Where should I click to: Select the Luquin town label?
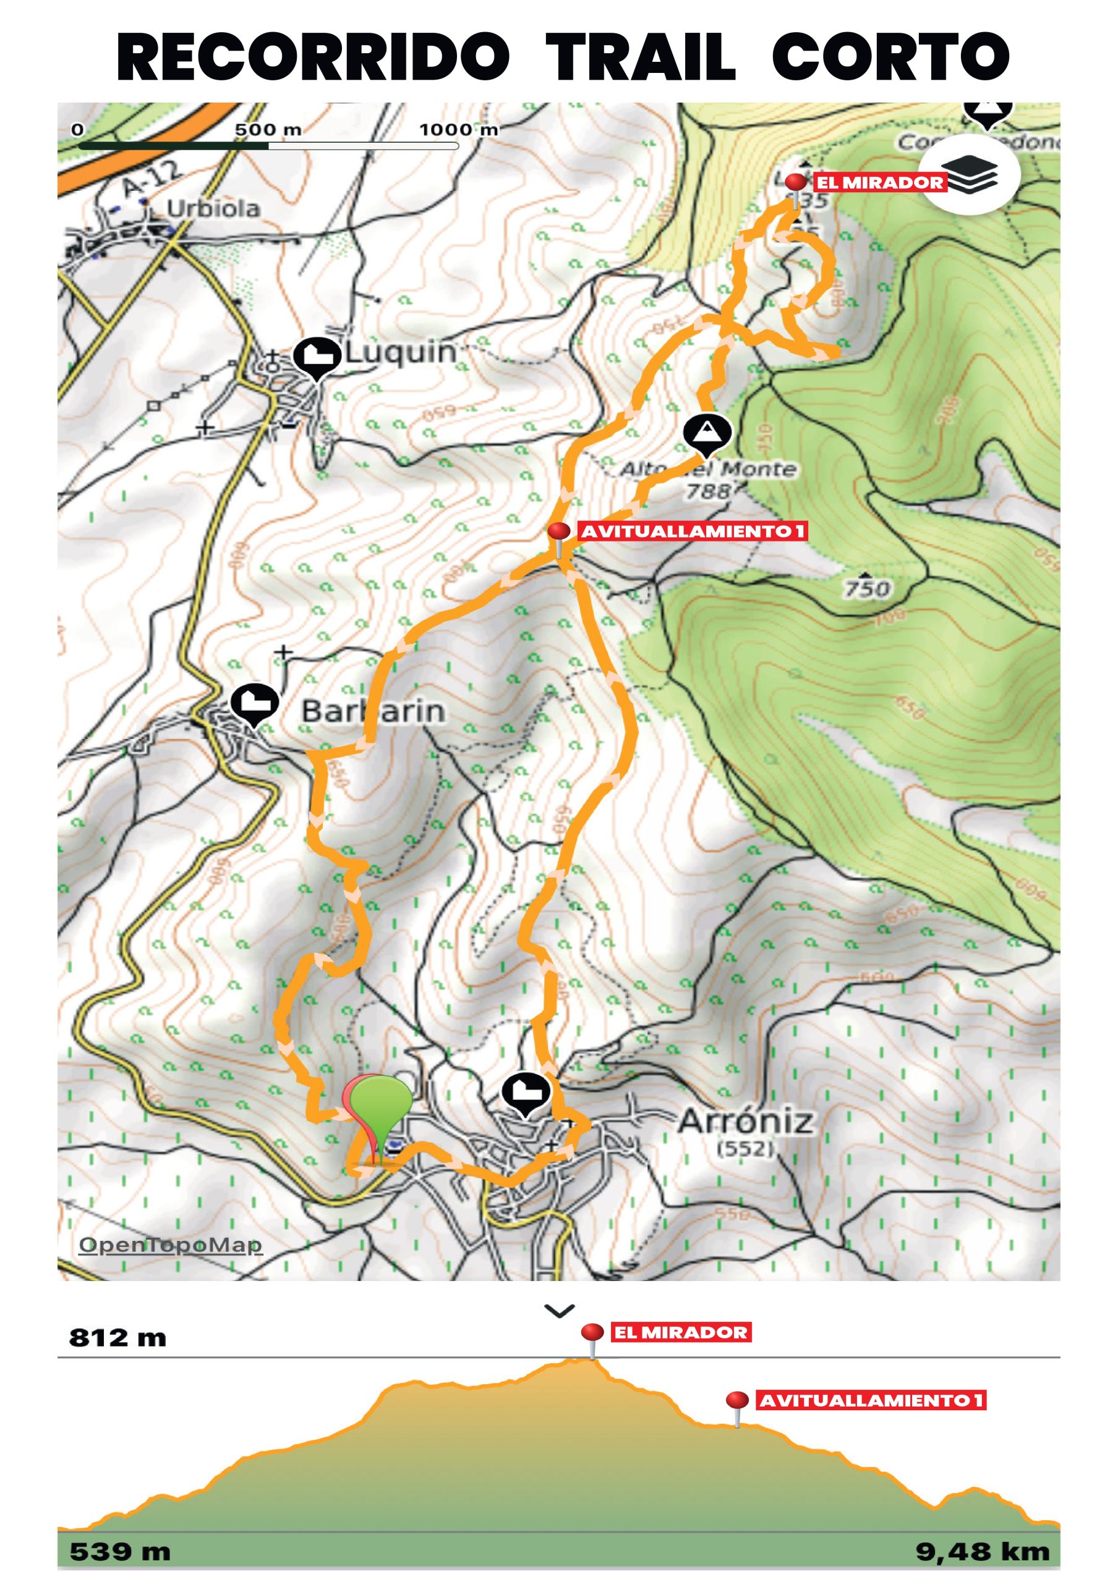pyautogui.click(x=401, y=353)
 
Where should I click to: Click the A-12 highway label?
pyautogui.click(x=150, y=180)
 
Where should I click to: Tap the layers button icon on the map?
pyautogui.click(x=970, y=174)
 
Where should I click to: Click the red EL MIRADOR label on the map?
pyautogui.click(x=879, y=182)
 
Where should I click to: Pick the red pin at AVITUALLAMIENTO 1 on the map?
pyautogui.click(x=558, y=532)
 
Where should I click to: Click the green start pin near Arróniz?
pyautogui.click(x=381, y=1101)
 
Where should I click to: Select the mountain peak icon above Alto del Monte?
pyautogui.click(x=707, y=433)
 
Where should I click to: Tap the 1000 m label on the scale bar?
pyautogui.click(x=458, y=130)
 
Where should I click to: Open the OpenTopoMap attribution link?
pyautogui.click(x=170, y=1245)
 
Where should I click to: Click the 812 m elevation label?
pyautogui.click(x=118, y=1338)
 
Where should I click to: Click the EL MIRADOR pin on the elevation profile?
pyautogui.click(x=592, y=1332)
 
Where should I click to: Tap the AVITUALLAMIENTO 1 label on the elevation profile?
pyautogui.click(x=871, y=1401)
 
